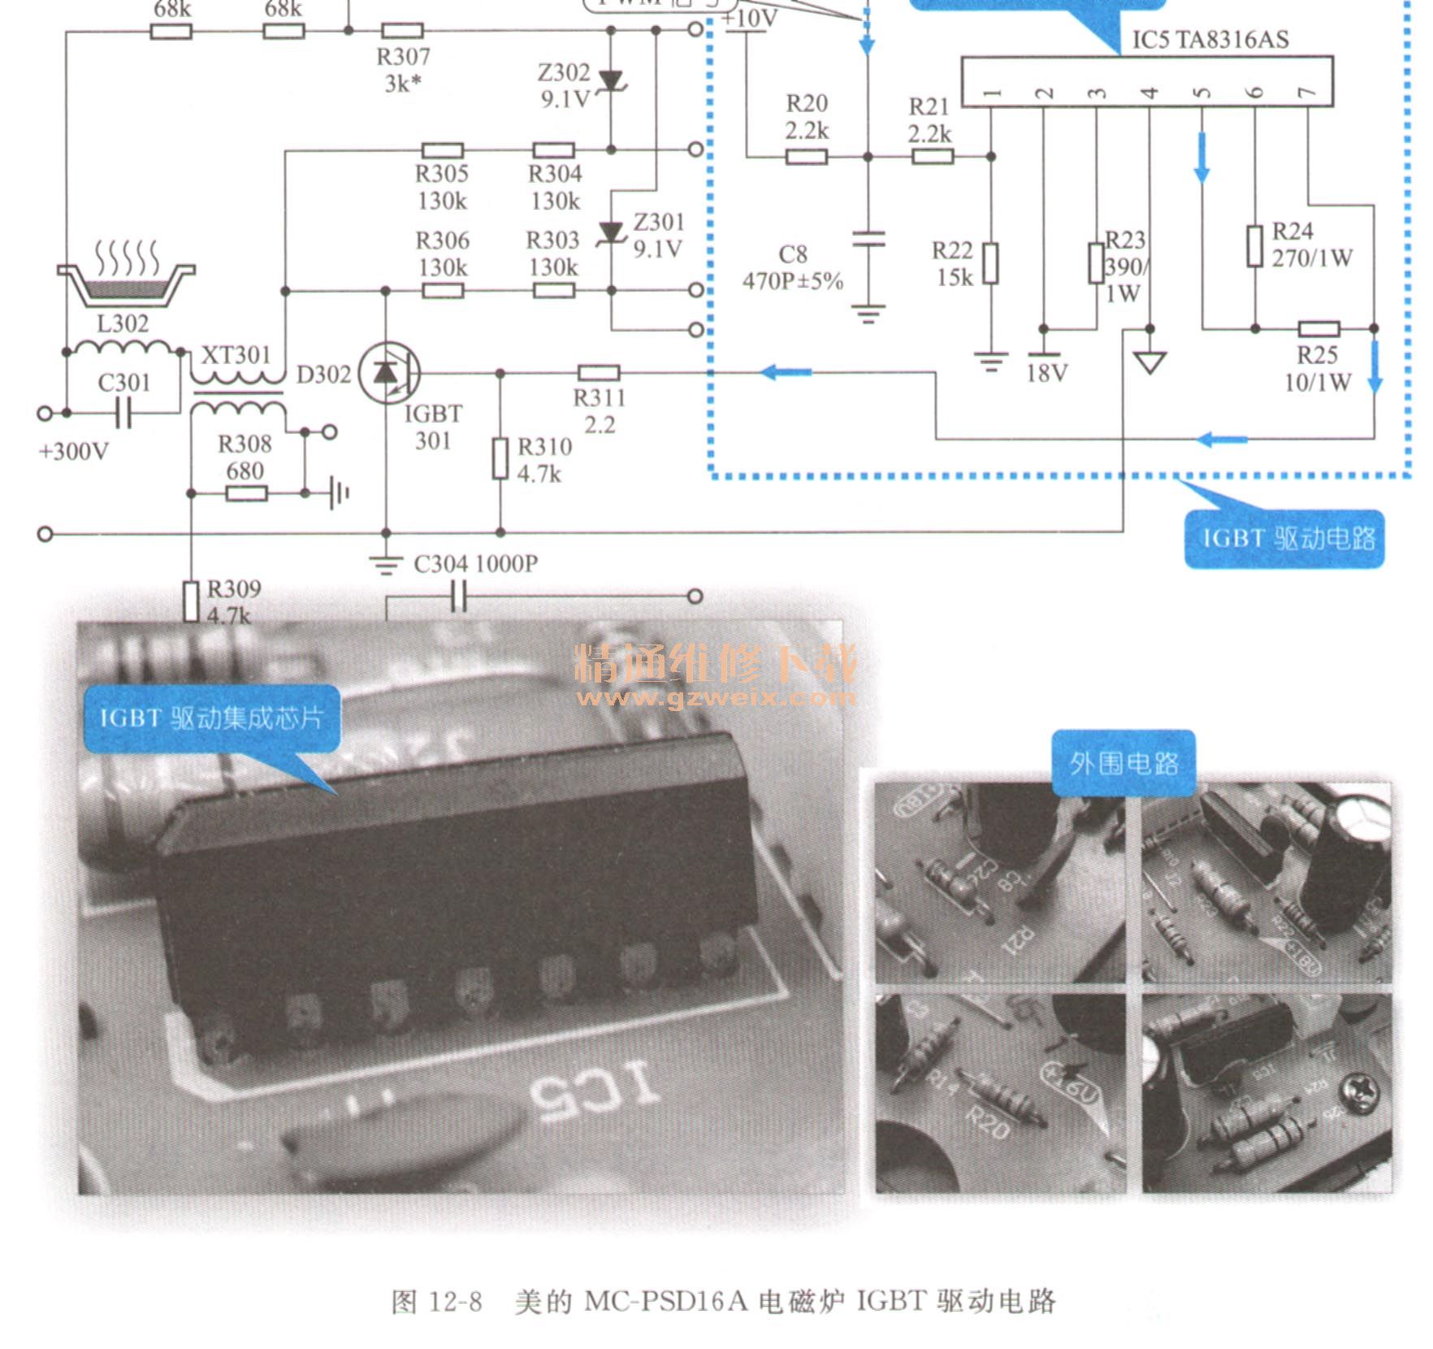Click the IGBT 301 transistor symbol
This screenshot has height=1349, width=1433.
pos(389,373)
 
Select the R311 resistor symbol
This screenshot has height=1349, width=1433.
pos(599,373)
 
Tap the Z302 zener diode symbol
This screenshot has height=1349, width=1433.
pos(611,80)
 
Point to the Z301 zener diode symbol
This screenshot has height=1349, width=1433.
pos(611,234)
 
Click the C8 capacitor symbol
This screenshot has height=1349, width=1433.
pos(868,239)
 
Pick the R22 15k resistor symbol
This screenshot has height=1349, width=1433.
pos(990,263)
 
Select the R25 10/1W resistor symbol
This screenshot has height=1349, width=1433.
pos(1318,329)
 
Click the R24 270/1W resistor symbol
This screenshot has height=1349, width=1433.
pos(1255,246)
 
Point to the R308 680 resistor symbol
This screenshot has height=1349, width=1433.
pos(246,493)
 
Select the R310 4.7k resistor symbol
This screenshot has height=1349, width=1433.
pos(500,458)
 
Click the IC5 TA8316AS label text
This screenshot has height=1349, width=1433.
pos(1210,40)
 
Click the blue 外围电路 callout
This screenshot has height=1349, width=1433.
pos(1123,762)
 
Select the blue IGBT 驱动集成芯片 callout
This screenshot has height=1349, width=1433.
pos(211,718)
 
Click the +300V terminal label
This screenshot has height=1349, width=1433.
pos(73,452)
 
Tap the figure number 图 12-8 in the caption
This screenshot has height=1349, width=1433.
pos(437,1302)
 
